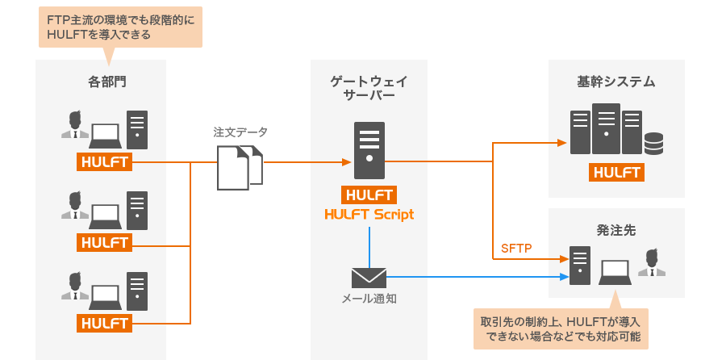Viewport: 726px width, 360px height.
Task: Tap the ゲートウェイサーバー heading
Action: pyautogui.click(x=369, y=88)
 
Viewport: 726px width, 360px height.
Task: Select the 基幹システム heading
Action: pyautogui.click(x=615, y=82)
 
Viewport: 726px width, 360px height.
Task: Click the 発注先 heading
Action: pyautogui.click(x=615, y=230)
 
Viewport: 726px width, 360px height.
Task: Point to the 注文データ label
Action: pyautogui.click(x=240, y=132)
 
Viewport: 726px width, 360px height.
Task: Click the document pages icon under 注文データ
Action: pyautogui.click(x=241, y=167)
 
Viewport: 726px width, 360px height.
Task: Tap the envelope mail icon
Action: pyautogui.click(x=369, y=277)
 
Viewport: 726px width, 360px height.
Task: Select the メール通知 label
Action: pyautogui.click(x=369, y=299)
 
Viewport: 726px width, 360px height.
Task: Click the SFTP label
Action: pyautogui.click(x=516, y=248)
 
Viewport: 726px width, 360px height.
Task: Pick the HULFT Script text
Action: pyautogui.click(x=369, y=214)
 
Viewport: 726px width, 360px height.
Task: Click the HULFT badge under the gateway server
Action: pyautogui.click(x=369, y=195)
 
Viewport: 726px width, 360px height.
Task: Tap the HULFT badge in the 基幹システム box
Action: pyautogui.click(x=616, y=173)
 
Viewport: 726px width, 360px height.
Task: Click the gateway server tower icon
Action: pyautogui.click(x=369, y=150)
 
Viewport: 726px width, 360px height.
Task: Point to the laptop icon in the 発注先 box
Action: pyautogui.click(x=615, y=271)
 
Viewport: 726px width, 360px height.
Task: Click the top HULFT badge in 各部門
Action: pyautogui.click(x=105, y=162)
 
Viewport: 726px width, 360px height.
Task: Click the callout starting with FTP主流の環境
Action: pyautogui.click(x=119, y=27)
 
